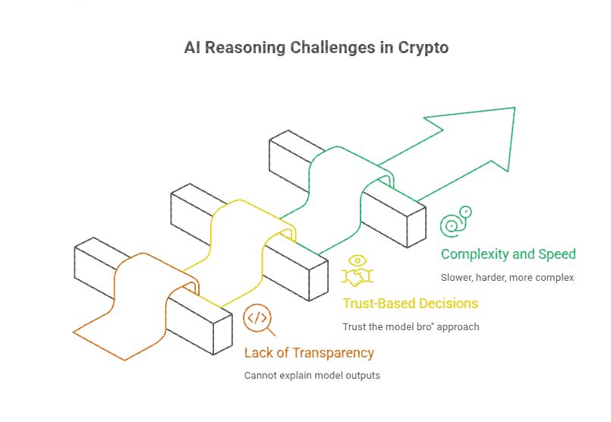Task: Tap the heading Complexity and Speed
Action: point(508,254)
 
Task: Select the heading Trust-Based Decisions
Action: point(410,304)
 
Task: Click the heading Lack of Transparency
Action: point(309,353)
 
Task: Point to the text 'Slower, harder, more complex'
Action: point(507,277)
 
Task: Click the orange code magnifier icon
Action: point(257,320)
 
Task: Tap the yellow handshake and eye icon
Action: point(356,269)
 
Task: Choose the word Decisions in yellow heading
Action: point(447,304)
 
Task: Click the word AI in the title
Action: point(193,48)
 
